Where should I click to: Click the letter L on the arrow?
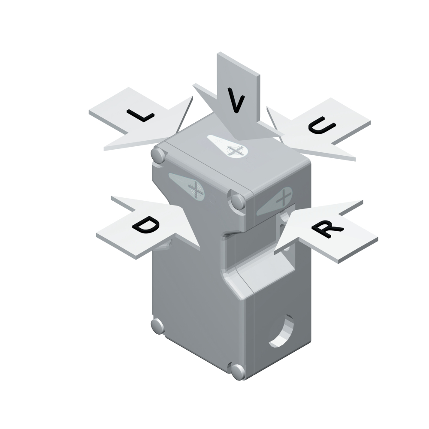coord(140,115)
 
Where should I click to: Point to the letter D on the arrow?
coord(145,225)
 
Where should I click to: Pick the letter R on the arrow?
coord(327,229)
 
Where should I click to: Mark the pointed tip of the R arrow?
coord(275,254)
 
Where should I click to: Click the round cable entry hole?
coord(281,331)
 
